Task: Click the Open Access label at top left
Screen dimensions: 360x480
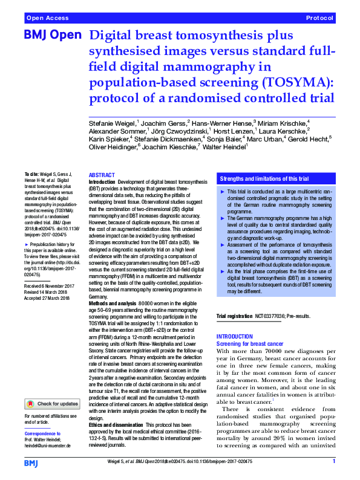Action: click(46, 18)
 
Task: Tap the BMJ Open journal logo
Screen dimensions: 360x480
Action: click(53, 36)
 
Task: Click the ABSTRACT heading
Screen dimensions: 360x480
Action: click(102, 175)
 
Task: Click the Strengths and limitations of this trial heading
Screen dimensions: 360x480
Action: click(264, 180)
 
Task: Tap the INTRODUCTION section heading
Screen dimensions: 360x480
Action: click(237, 337)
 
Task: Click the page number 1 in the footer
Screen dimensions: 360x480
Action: click(334, 462)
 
